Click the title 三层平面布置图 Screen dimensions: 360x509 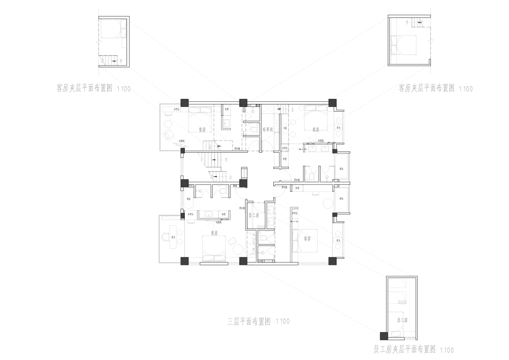[x=248, y=322]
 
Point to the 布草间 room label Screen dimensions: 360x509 [x=268, y=129]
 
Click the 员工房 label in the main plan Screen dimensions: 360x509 [x=254, y=215]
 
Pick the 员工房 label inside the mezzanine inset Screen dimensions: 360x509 [x=402, y=320]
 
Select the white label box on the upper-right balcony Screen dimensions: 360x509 [x=338, y=127]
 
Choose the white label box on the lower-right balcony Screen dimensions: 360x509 [x=337, y=240]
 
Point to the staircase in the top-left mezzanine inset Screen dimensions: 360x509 [x=110, y=60]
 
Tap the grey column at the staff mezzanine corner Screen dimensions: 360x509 [x=383, y=336]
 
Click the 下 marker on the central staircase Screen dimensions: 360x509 [x=226, y=160]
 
